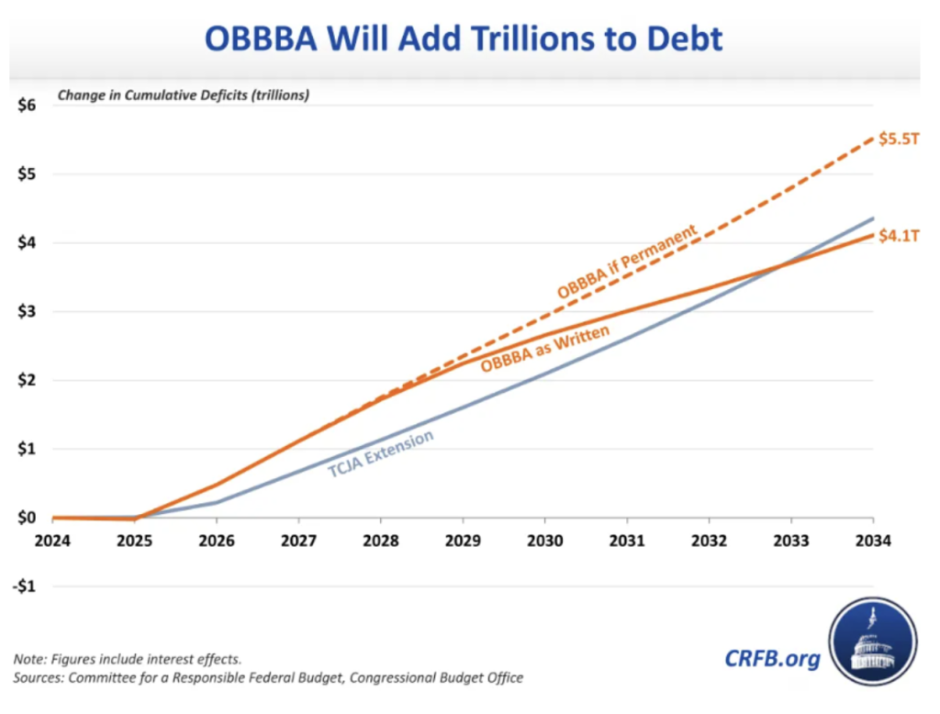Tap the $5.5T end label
pos(898,139)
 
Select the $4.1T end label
pos(898,238)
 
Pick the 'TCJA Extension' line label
pos(381,453)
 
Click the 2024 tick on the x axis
pos(53,541)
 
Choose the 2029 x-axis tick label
pos(464,541)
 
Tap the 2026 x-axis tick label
pos(217,541)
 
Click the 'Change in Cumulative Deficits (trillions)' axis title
pos(184,95)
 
